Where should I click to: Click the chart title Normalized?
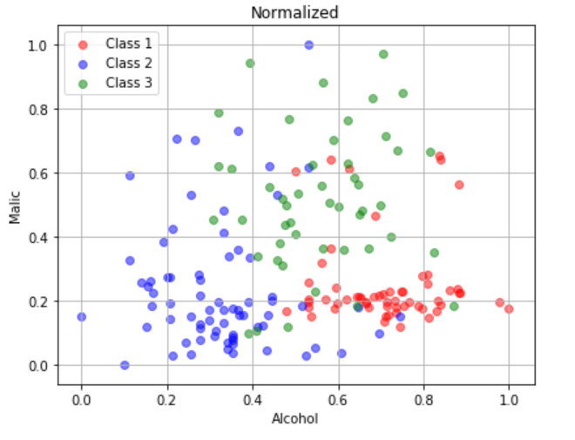click(294, 12)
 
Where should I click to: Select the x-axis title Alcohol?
click(294, 419)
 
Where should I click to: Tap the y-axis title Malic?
click(15, 206)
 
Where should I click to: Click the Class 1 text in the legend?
click(129, 43)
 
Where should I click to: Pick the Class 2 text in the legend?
click(129, 63)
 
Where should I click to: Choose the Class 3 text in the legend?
click(129, 83)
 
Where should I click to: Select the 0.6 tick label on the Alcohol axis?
click(338, 399)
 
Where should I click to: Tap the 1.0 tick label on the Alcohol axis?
click(510, 399)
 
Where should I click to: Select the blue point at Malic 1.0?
click(308, 44)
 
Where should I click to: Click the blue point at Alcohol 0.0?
click(82, 317)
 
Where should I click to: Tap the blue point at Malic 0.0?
click(125, 365)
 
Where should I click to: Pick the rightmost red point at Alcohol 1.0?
click(510, 308)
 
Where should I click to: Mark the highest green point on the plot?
click(383, 54)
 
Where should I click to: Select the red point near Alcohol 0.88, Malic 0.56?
click(459, 185)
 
